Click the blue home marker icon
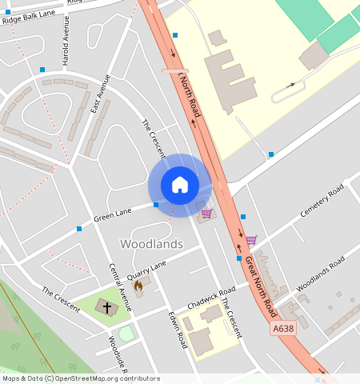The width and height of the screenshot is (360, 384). tap(180, 185)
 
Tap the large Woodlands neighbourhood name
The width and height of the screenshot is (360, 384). tap(151, 243)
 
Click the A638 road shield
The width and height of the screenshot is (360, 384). tap(282, 328)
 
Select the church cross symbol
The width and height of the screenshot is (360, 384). tap(106, 306)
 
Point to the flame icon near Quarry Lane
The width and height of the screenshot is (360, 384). tap(138, 286)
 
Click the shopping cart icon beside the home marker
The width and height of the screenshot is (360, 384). tap(207, 214)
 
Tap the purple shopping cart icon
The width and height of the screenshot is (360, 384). tap(251, 240)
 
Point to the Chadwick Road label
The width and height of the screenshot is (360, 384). tap(211, 298)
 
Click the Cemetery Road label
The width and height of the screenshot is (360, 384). tap(322, 200)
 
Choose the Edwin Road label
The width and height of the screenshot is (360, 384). tap(178, 329)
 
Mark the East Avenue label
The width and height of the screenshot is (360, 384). tap(99, 93)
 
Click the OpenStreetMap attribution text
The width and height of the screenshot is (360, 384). tap(81, 378)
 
